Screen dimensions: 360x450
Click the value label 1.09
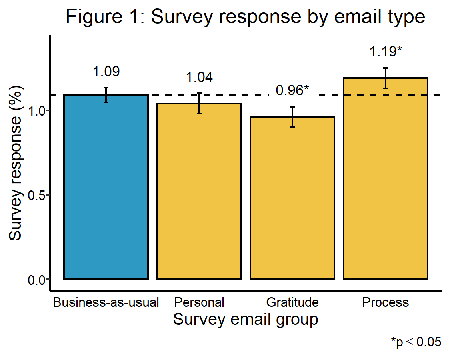tap(106, 72)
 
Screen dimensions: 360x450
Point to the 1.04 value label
tap(199, 78)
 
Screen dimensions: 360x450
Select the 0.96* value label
tap(292, 91)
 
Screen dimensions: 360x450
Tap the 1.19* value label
tap(386, 52)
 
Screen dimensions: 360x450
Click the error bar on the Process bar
tap(386, 78)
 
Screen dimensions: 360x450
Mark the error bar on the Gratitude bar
tap(292, 117)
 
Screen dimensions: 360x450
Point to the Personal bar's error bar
tap(199, 103)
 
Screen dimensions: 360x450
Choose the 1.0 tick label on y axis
tap(37, 111)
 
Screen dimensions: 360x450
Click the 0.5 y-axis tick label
tap(37, 195)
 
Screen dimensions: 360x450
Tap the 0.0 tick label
tap(37, 280)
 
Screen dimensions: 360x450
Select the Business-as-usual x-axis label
tap(106, 302)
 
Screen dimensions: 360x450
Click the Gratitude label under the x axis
tap(292, 302)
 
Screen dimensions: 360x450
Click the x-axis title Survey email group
tap(246, 320)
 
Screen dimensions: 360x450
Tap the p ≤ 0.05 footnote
tap(416, 342)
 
